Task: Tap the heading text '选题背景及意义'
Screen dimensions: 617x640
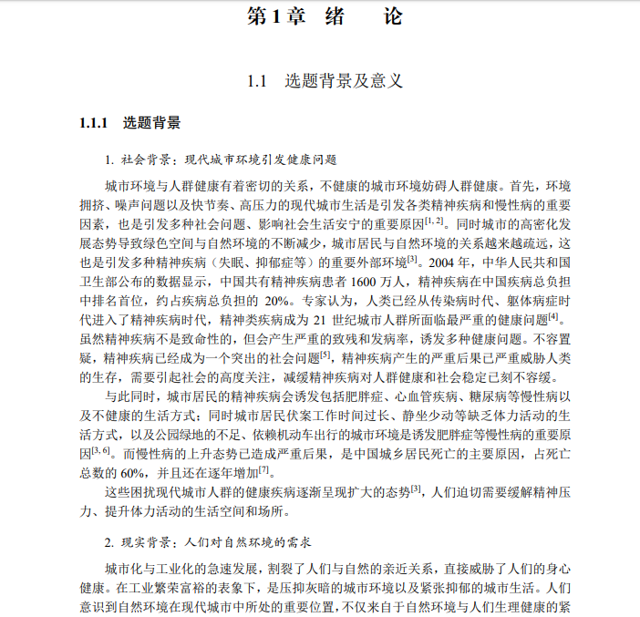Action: [x=344, y=81]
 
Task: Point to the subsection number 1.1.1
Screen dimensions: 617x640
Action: [x=94, y=123]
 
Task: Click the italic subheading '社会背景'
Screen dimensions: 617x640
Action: [x=140, y=159]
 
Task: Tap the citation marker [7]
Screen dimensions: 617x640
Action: [x=264, y=469]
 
